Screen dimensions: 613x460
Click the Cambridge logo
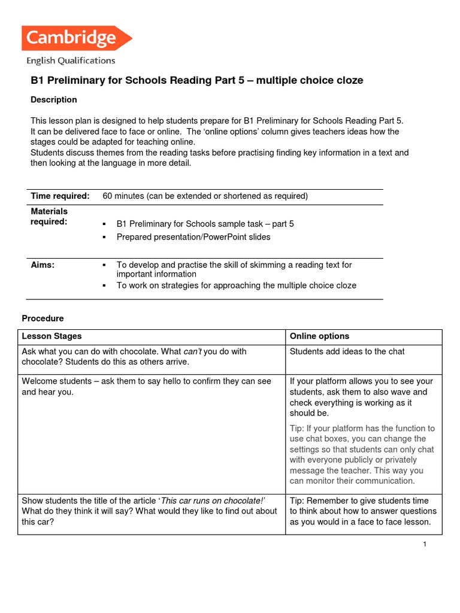[x=77, y=38]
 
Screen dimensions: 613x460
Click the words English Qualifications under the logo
[x=71, y=60]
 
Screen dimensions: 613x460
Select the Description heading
[x=54, y=99]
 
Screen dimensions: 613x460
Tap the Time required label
[x=60, y=196]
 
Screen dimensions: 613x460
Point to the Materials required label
[x=49, y=217]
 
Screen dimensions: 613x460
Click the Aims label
[x=43, y=265]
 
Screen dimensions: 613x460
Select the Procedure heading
[x=43, y=318]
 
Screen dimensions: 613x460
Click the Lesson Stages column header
[x=52, y=336]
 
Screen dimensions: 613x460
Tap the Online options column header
[x=319, y=336]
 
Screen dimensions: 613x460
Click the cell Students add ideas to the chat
[x=347, y=351]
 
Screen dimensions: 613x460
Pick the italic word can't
[x=193, y=351]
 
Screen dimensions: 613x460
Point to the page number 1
[x=424, y=544]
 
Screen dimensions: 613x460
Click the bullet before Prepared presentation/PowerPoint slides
[x=104, y=237]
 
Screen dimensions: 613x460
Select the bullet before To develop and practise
[x=104, y=265]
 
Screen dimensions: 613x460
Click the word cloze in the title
[x=349, y=80]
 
